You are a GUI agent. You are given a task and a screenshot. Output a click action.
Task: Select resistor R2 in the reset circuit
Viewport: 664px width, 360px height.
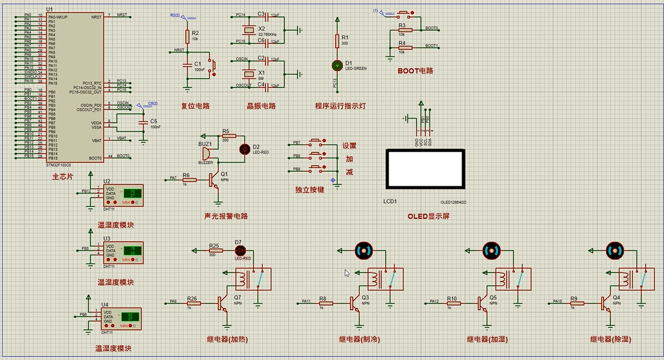pos(187,36)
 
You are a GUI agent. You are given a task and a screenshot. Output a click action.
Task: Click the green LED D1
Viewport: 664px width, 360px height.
pos(337,65)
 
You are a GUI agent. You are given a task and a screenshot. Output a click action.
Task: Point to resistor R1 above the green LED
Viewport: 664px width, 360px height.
pos(337,40)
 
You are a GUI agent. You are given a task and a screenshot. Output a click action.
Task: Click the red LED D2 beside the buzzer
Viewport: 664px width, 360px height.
pos(245,149)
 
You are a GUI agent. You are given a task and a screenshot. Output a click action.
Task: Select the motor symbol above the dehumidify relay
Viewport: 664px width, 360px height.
pos(614,250)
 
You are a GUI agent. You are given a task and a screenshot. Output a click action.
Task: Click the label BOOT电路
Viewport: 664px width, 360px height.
pos(415,70)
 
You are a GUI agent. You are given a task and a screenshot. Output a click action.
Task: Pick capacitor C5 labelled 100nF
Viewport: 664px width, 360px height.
pos(142,120)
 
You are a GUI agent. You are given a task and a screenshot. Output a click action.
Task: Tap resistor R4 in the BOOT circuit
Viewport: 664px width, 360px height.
pos(403,47)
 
